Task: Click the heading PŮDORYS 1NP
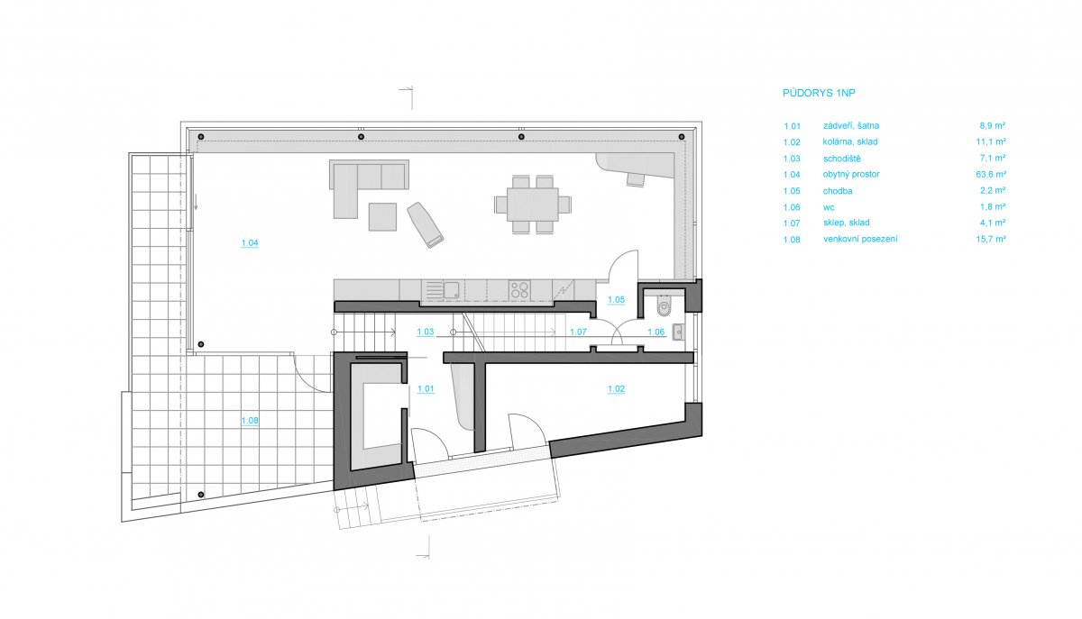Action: pyautogui.click(x=819, y=93)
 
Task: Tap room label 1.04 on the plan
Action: pyautogui.click(x=250, y=243)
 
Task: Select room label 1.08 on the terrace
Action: pyautogui.click(x=250, y=421)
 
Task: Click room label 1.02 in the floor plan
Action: pyautogui.click(x=617, y=388)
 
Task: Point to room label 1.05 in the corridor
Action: pyautogui.click(x=617, y=300)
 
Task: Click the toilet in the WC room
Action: pyautogui.click(x=665, y=306)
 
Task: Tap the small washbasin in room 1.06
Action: pyautogui.click(x=678, y=332)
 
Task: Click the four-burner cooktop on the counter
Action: pyautogui.click(x=519, y=290)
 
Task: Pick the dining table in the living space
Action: pyautogui.click(x=533, y=205)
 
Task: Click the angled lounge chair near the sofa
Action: pyautogui.click(x=425, y=224)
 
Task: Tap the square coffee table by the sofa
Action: pyautogui.click(x=382, y=217)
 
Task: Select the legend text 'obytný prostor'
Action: pyautogui.click(x=851, y=174)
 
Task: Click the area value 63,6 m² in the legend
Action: pyautogui.click(x=991, y=174)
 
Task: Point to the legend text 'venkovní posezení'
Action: pyautogui.click(x=860, y=239)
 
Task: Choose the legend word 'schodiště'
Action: pyautogui.click(x=842, y=159)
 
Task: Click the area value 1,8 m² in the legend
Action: pyautogui.click(x=993, y=206)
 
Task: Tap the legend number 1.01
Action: pyautogui.click(x=792, y=126)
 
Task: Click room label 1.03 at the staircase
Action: pyautogui.click(x=425, y=332)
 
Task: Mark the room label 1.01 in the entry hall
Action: pyautogui.click(x=426, y=388)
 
